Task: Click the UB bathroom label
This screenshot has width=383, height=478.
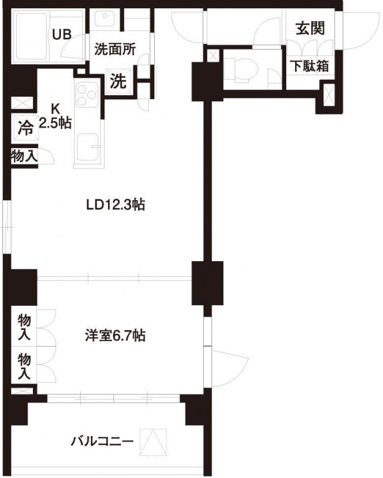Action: (x=62, y=34)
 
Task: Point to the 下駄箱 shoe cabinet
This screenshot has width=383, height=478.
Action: (x=310, y=66)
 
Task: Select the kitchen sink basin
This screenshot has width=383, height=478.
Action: (x=88, y=148)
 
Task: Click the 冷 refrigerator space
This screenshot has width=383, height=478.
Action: (x=24, y=127)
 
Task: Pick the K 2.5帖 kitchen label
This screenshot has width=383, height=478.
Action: (x=55, y=117)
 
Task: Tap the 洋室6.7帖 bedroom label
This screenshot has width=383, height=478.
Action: (x=114, y=336)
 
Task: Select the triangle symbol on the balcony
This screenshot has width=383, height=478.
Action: (x=152, y=443)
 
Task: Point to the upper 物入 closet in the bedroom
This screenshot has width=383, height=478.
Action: (x=24, y=326)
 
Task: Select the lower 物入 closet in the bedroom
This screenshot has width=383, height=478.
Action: (x=24, y=366)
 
